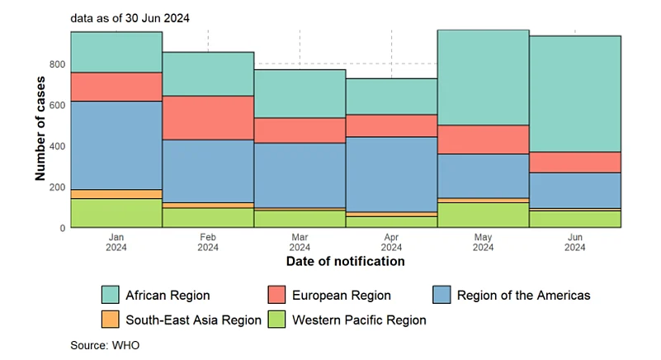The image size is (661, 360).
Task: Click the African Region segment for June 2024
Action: coord(575,93)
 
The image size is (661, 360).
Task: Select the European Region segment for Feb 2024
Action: coord(208,117)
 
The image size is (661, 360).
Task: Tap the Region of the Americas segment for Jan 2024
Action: coord(116,145)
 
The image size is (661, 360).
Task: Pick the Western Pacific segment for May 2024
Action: coord(483,215)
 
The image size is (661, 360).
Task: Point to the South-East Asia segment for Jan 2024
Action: coord(116,194)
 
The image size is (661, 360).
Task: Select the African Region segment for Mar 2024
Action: coord(300,93)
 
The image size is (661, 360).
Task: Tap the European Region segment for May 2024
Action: coord(483,140)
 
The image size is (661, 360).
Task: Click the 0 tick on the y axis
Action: coord(62,228)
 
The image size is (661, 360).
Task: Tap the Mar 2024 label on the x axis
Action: coord(300,241)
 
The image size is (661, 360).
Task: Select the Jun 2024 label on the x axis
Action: coord(575,241)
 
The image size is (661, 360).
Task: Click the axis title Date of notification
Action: coord(345,262)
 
